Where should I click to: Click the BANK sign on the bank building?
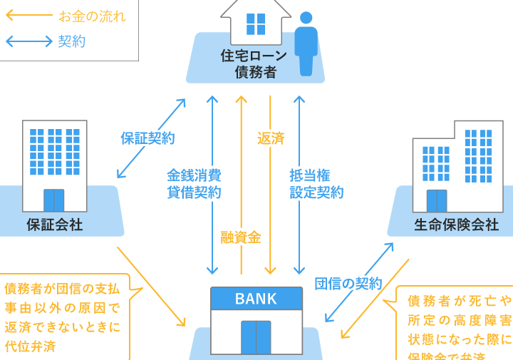coord(256,297)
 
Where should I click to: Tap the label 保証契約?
coord(147,138)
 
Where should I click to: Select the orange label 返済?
coord(271,138)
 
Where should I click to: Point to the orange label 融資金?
coord(241,238)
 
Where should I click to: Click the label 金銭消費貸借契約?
coord(194,183)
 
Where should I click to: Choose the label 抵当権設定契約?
coord(316,183)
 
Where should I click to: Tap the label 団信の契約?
coord(348,283)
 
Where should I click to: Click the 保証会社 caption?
coord(55,225)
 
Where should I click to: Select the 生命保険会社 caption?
coord(456,225)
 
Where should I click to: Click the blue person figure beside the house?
coord(306,43)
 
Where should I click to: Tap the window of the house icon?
coord(255,24)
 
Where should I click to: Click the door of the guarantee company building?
coord(54,200)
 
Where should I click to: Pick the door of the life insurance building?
coord(437,201)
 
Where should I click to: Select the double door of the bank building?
coord(256,336)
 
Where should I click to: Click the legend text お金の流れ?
coord(92,16)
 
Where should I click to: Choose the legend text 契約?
coord(71,41)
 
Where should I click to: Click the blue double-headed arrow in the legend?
coord(28,41)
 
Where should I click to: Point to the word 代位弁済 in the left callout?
coord(30,346)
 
